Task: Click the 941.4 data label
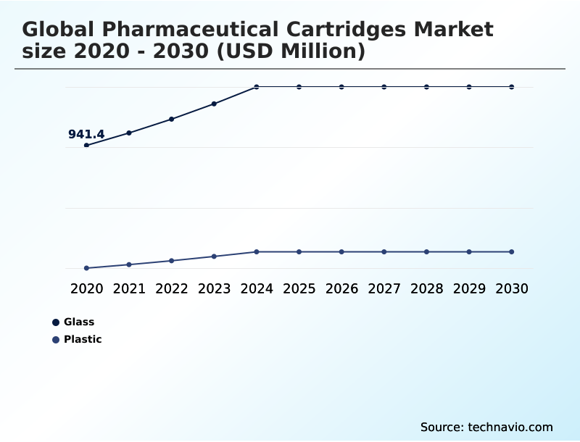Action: pos(86,134)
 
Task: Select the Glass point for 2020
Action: pos(86,146)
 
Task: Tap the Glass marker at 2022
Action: pos(172,119)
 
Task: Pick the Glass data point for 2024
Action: pos(257,87)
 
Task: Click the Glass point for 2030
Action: pos(512,87)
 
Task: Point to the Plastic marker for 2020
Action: pos(86,268)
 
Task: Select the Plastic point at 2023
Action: pos(214,257)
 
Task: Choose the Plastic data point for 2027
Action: pos(384,251)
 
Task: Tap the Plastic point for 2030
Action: pos(512,251)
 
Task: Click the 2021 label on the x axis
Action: pos(129,288)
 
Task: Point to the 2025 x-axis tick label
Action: pos(299,288)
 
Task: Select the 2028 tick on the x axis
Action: pos(426,288)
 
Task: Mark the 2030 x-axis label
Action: pos(512,288)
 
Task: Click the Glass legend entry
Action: pos(78,322)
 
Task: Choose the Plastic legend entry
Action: pos(82,340)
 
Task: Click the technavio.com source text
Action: pos(510,427)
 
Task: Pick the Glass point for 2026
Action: pos(341,87)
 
